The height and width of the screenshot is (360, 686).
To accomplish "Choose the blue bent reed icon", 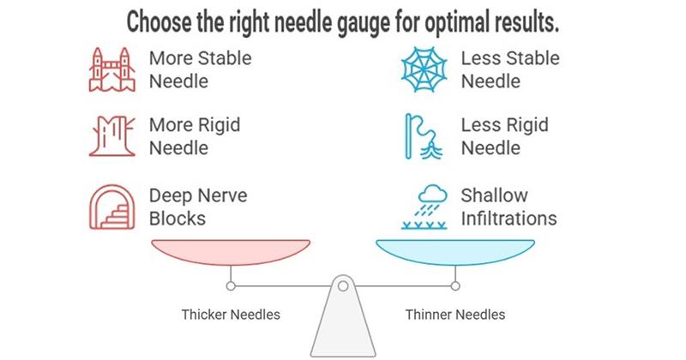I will [x=426, y=137].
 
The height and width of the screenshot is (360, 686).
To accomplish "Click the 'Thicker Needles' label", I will [x=231, y=315].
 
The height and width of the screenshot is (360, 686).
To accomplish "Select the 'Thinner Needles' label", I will [x=455, y=315].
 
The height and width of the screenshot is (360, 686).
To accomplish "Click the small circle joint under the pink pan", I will [x=231, y=285].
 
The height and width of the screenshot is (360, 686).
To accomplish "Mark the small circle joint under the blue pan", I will [x=455, y=285].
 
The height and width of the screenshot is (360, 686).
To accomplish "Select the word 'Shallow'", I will [x=495, y=196].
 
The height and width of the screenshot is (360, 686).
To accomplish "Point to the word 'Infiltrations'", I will [x=508, y=218].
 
